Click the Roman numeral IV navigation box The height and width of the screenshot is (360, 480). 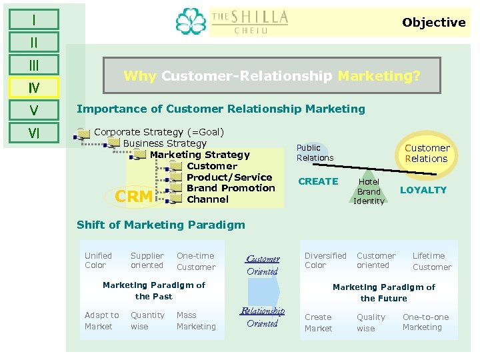[33, 87]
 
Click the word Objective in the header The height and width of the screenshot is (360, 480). [433, 23]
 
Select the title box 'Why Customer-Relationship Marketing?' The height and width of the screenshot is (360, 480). [272, 76]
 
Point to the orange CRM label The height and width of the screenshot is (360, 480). [133, 196]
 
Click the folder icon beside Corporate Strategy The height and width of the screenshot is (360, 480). [83, 133]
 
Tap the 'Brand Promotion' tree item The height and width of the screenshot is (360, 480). [231, 188]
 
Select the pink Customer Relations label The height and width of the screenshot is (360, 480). [427, 153]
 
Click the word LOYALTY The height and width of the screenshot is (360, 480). [423, 190]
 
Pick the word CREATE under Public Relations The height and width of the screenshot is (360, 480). [318, 181]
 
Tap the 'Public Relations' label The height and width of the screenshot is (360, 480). [315, 153]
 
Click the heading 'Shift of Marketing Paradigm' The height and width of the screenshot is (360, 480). [161, 225]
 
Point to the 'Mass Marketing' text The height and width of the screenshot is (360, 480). [196, 321]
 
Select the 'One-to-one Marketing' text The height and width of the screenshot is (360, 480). [425, 322]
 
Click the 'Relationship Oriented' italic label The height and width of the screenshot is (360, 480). [262, 317]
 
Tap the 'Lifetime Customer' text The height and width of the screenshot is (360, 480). [431, 261]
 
